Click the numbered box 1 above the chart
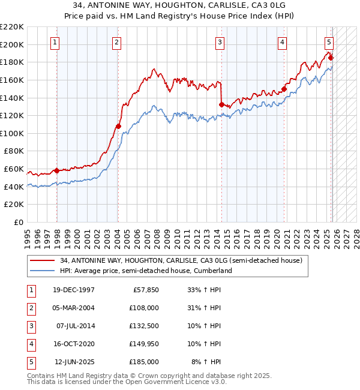[x=55, y=42]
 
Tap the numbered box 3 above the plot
[x=220, y=42]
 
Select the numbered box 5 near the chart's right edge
[x=329, y=42]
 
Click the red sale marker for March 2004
[x=118, y=126]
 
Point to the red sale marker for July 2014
[x=221, y=104]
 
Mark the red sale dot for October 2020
[x=284, y=89]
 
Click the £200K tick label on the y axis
[x=12, y=44]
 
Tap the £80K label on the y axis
[x=14, y=151]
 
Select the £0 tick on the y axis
[x=19, y=222]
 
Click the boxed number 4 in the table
[x=30, y=344]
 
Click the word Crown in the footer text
[x=164, y=376]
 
